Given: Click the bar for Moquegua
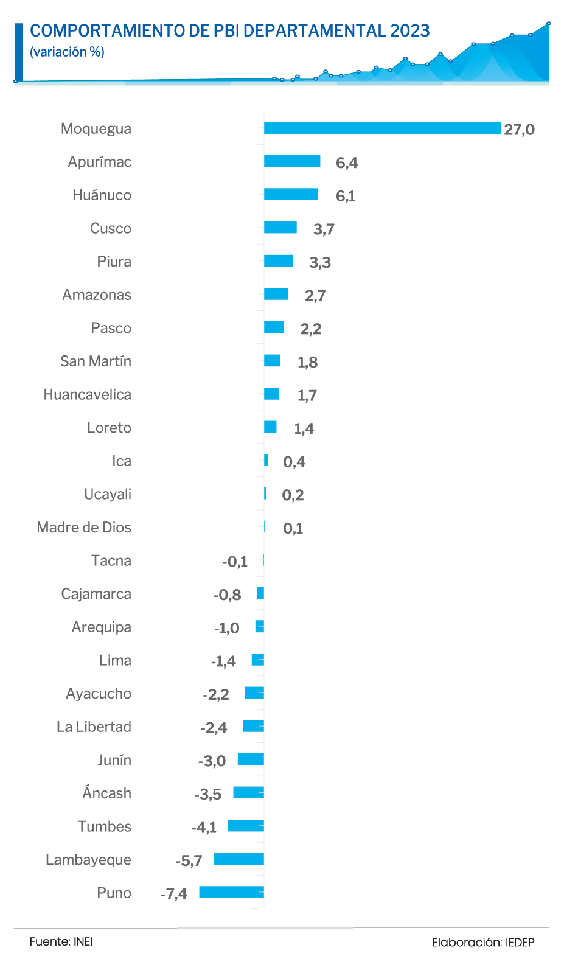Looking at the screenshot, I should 382,128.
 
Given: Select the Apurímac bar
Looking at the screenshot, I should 292,161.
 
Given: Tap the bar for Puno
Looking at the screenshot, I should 232,892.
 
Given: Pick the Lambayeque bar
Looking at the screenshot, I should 239,859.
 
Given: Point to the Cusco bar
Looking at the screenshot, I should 280,228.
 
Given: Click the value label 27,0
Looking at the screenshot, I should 519,130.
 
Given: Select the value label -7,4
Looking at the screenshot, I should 174,894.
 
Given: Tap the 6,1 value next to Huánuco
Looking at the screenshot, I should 346,196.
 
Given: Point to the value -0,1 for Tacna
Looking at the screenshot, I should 235,562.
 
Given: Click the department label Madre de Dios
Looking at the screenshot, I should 84,527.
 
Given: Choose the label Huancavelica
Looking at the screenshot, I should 88,394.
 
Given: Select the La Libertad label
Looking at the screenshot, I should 94,727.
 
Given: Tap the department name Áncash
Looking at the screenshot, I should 106,793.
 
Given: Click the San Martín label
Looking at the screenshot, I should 96,361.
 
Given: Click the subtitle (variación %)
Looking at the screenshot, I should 67,52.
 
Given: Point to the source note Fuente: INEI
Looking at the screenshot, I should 61,941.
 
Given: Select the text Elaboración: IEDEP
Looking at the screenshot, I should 483,943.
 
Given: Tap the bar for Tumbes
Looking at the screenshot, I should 246,826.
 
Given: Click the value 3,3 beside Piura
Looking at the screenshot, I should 320,262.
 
